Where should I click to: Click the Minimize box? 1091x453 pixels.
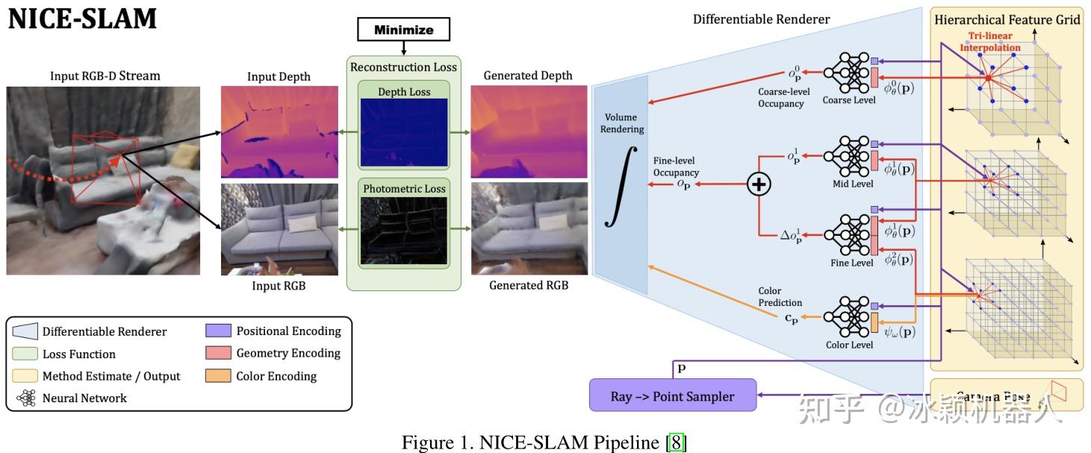405,30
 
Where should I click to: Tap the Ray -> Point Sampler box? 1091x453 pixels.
672,396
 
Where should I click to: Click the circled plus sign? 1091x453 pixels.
759,185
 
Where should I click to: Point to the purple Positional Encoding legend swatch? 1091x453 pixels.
217,331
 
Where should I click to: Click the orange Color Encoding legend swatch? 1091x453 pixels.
217,376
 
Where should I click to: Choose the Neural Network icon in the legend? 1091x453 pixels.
27,399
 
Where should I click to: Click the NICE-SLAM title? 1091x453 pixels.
82,19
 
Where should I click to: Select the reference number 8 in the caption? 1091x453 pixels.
676,442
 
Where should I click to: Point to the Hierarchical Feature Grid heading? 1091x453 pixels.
1007,19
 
